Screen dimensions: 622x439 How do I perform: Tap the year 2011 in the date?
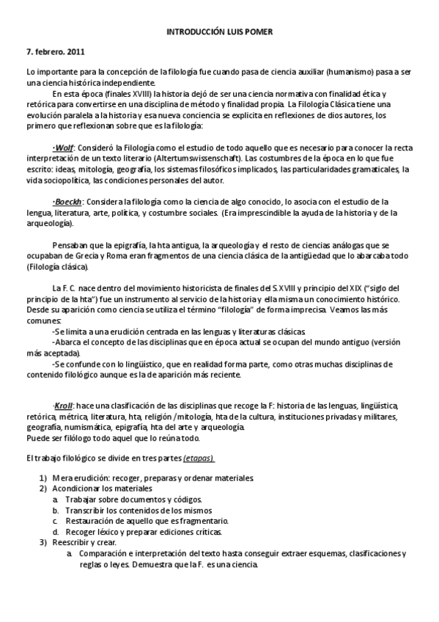74,52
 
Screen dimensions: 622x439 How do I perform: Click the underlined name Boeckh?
67,202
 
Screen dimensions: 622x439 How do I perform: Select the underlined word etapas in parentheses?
199,458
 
